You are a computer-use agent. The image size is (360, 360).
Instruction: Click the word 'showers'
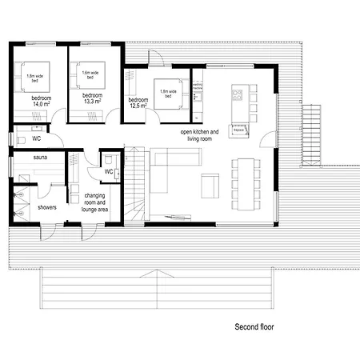(x=46, y=205)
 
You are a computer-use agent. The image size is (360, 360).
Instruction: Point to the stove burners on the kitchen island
(x=237, y=96)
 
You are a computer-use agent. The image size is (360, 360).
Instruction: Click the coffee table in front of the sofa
(x=210, y=186)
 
